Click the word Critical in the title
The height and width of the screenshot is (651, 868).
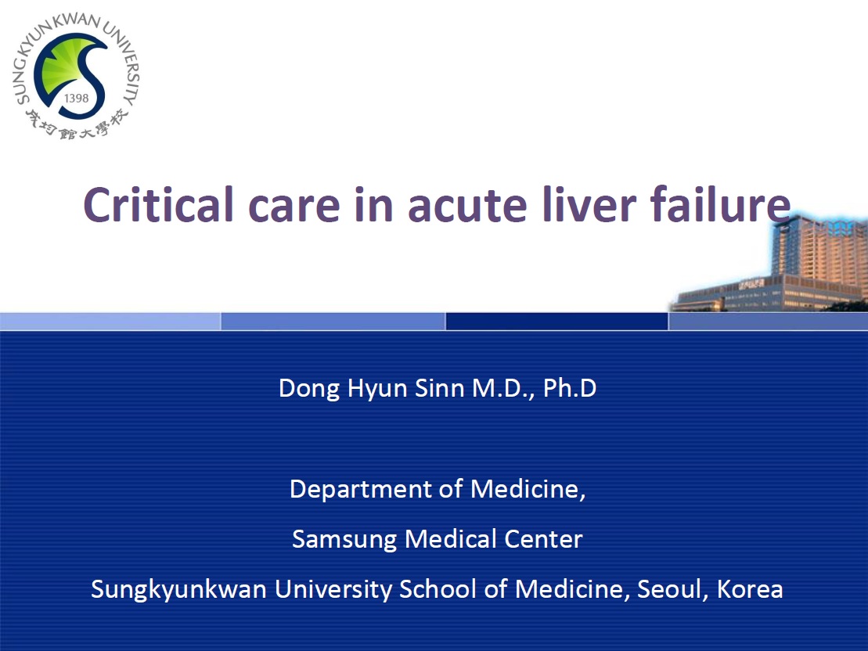(158, 204)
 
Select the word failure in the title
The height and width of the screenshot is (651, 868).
(720, 204)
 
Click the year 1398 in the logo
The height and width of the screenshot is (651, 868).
(77, 99)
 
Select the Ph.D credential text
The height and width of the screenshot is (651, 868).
(570, 388)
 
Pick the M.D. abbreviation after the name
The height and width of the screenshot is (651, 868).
(503, 389)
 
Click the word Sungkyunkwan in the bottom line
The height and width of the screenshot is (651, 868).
(178, 590)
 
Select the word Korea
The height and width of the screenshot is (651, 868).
(750, 589)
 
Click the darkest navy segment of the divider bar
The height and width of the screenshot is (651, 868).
(556, 321)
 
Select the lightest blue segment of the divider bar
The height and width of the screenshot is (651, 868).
(110, 321)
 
